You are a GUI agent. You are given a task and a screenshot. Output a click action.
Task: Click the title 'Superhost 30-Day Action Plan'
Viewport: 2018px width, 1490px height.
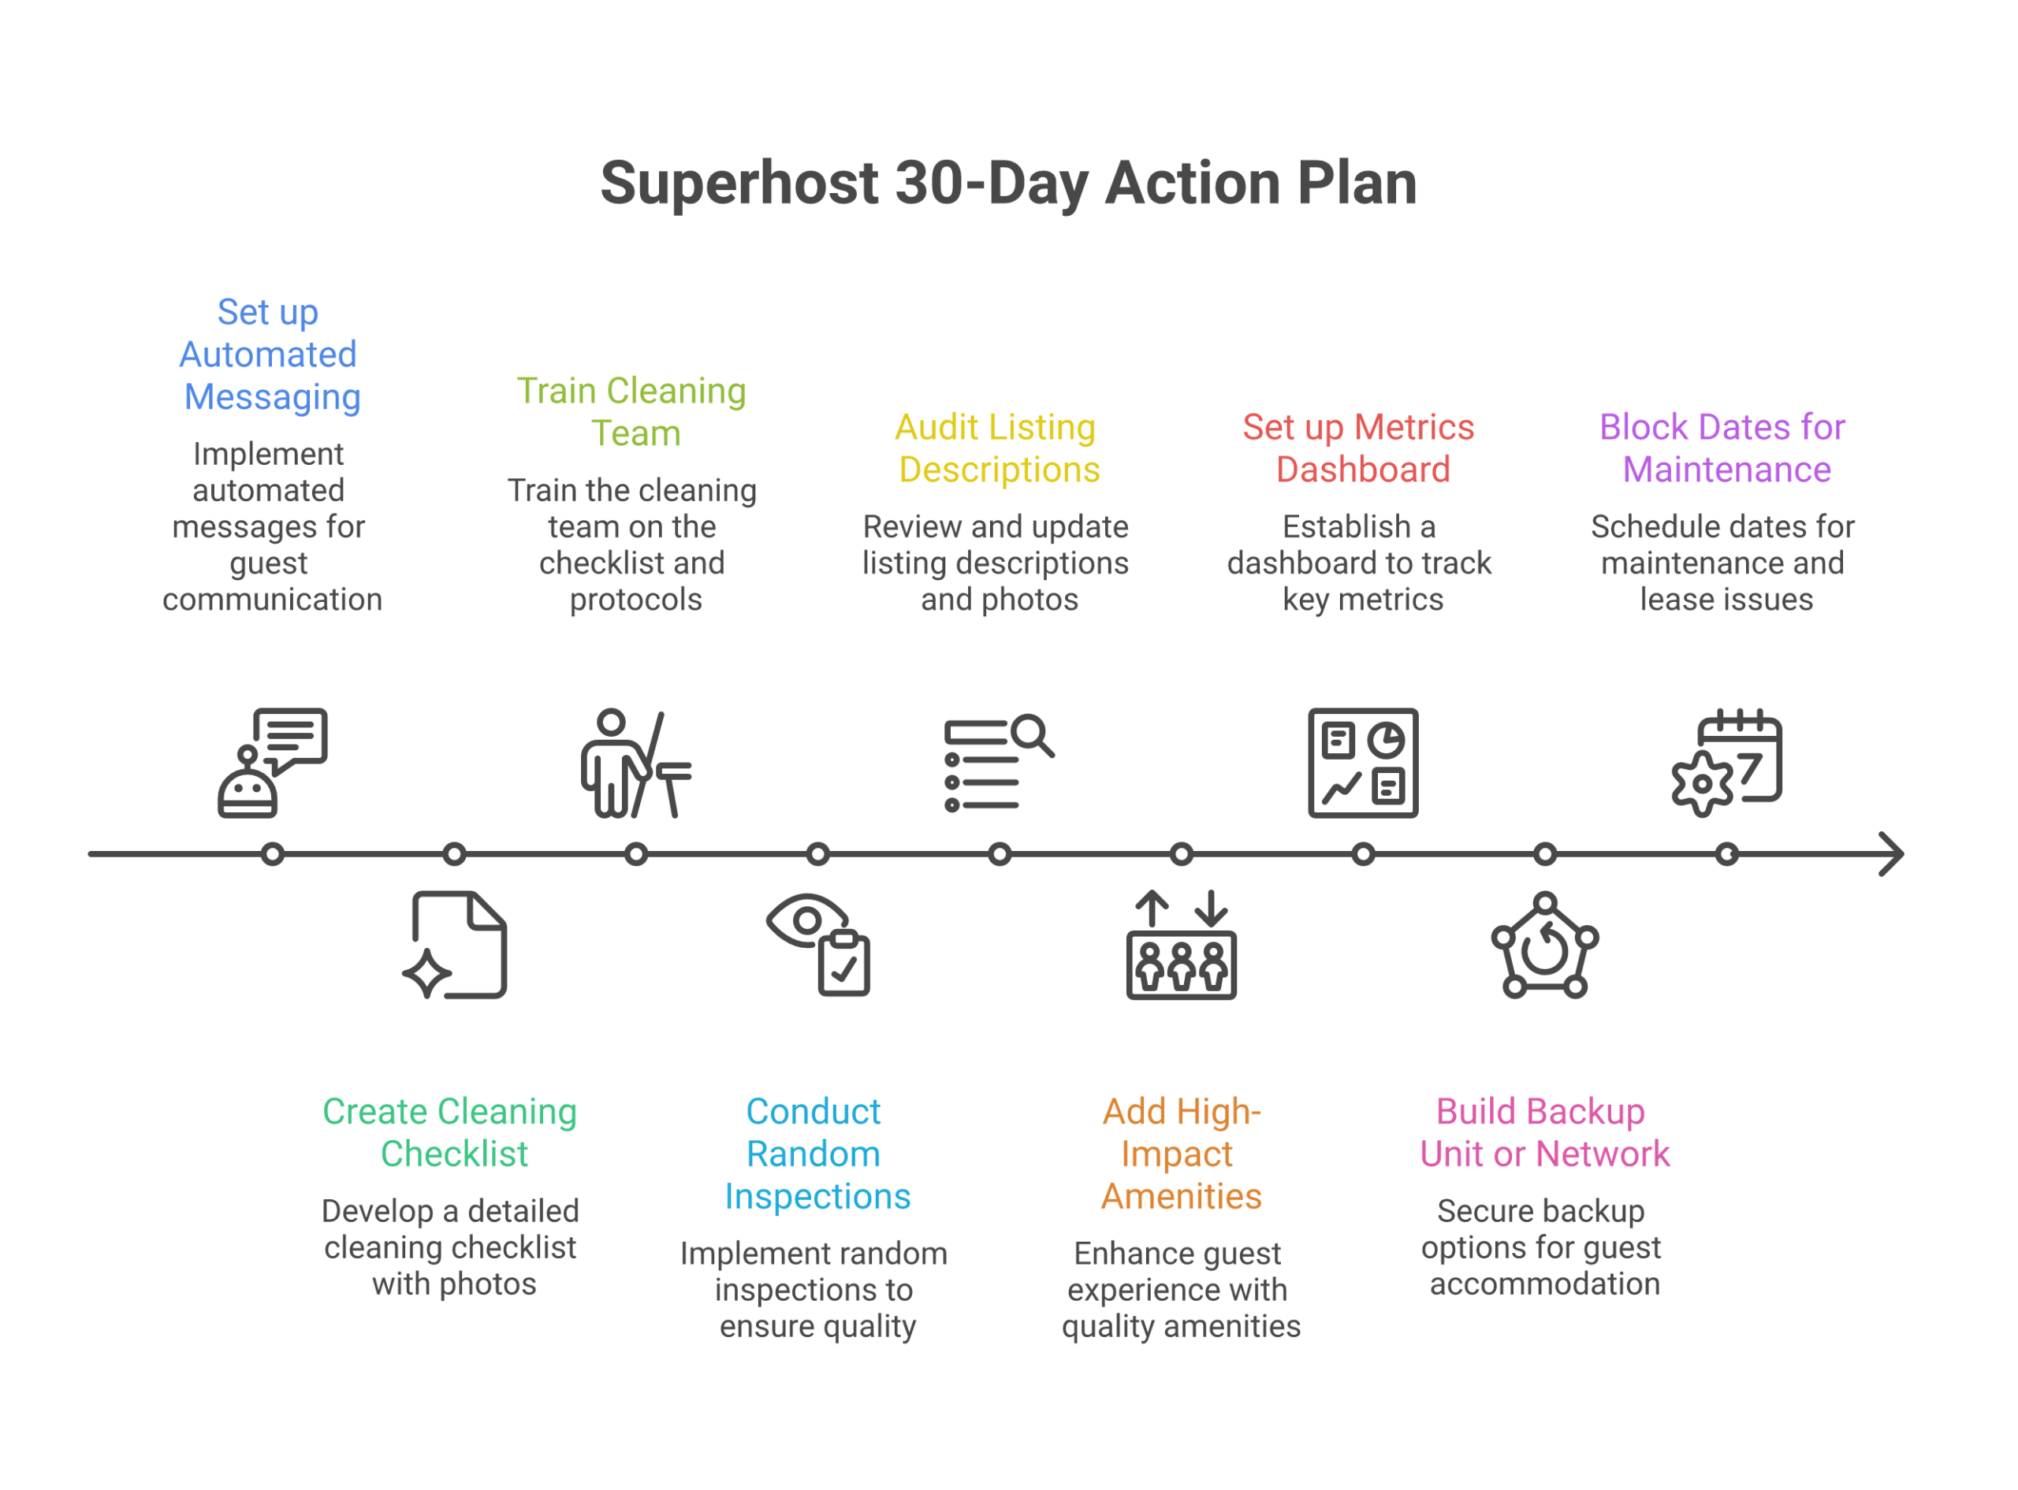1007,183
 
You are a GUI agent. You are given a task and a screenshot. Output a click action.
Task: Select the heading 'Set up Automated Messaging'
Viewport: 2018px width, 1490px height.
269,355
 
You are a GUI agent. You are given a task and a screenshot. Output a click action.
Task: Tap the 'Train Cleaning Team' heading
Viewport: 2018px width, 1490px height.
632,412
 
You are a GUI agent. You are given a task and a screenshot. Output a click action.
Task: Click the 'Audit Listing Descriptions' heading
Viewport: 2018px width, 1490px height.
997,448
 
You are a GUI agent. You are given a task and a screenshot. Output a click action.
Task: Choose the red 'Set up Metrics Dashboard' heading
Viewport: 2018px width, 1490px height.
1360,448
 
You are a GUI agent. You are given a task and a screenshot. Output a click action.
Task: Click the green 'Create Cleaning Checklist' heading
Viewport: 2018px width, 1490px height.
451,1133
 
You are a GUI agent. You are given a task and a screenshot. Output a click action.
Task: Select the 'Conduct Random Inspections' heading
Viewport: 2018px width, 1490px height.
816,1154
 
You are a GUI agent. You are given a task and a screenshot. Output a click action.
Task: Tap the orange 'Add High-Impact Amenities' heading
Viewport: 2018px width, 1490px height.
1181,1154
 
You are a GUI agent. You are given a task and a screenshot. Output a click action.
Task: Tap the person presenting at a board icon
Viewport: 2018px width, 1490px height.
636,763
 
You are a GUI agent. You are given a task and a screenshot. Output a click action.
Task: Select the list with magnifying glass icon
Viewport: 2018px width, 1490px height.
999,763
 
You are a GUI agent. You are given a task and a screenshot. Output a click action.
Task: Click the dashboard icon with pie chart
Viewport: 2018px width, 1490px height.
1363,763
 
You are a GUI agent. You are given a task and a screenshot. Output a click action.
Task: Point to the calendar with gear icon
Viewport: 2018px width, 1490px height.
1726,763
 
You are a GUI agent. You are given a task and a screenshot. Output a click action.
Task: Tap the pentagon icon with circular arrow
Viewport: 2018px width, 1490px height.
1545,946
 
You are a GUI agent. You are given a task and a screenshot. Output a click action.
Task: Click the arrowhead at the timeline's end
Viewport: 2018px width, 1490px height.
1891,854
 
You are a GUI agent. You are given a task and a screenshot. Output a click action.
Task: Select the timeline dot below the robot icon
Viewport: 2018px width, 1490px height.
273,854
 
